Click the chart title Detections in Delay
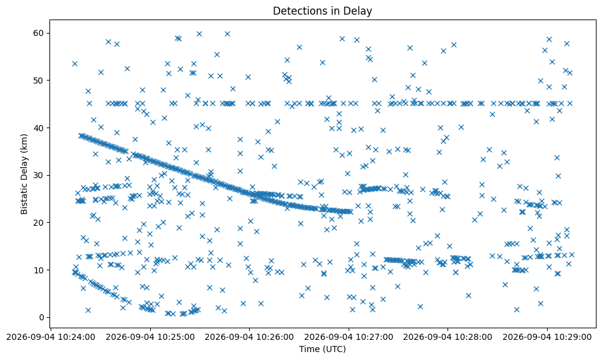(322, 11)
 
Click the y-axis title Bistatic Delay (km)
(24, 175)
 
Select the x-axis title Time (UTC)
(322, 349)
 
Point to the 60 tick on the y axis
(39, 33)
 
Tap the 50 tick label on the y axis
(39, 81)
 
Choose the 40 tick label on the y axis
(39, 128)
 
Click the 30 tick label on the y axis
(39, 175)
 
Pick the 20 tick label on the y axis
(39, 223)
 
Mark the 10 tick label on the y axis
(39, 270)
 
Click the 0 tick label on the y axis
(42, 317)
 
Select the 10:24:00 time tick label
(51, 337)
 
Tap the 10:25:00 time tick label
(150, 337)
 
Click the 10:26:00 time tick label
(249, 337)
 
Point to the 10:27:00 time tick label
(349, 337)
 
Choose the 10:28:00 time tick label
(448, 337)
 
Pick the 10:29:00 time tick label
(547, 337)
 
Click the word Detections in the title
(297, 11)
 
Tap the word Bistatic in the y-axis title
(24, 199)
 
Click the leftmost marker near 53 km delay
(74, 63)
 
